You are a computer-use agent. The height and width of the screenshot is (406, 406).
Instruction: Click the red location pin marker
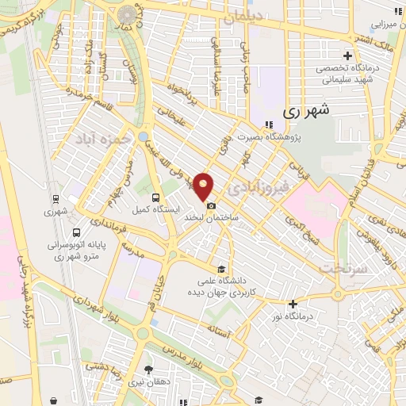point(205,186)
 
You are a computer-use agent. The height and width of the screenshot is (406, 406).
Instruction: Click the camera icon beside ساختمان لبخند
point(210,207)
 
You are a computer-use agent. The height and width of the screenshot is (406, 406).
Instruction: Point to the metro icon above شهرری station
point(56,199)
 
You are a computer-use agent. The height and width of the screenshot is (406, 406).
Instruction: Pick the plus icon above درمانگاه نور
point(293,304)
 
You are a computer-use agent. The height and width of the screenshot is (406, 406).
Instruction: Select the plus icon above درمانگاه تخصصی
point(347,56)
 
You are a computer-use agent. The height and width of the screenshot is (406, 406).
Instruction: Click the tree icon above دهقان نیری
point(148,370)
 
